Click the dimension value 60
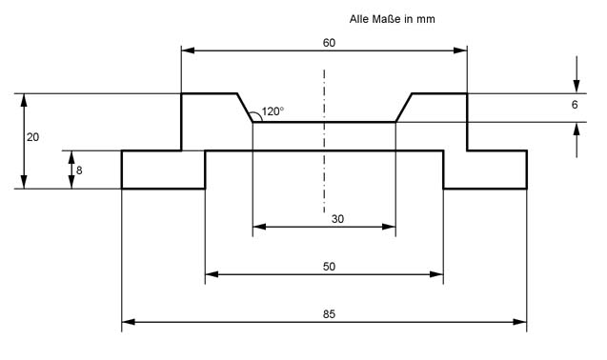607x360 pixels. click(329, 43)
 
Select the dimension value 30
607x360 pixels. click(337, 219)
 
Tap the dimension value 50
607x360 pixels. click(329, 267)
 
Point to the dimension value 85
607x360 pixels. click(329, 314)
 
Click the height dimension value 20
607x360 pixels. click(33, 137)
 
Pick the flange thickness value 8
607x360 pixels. click(79, 170)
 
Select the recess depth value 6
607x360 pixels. click(575, 105)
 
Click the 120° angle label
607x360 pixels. click(273, 111)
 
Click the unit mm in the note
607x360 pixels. click(426, 19)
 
